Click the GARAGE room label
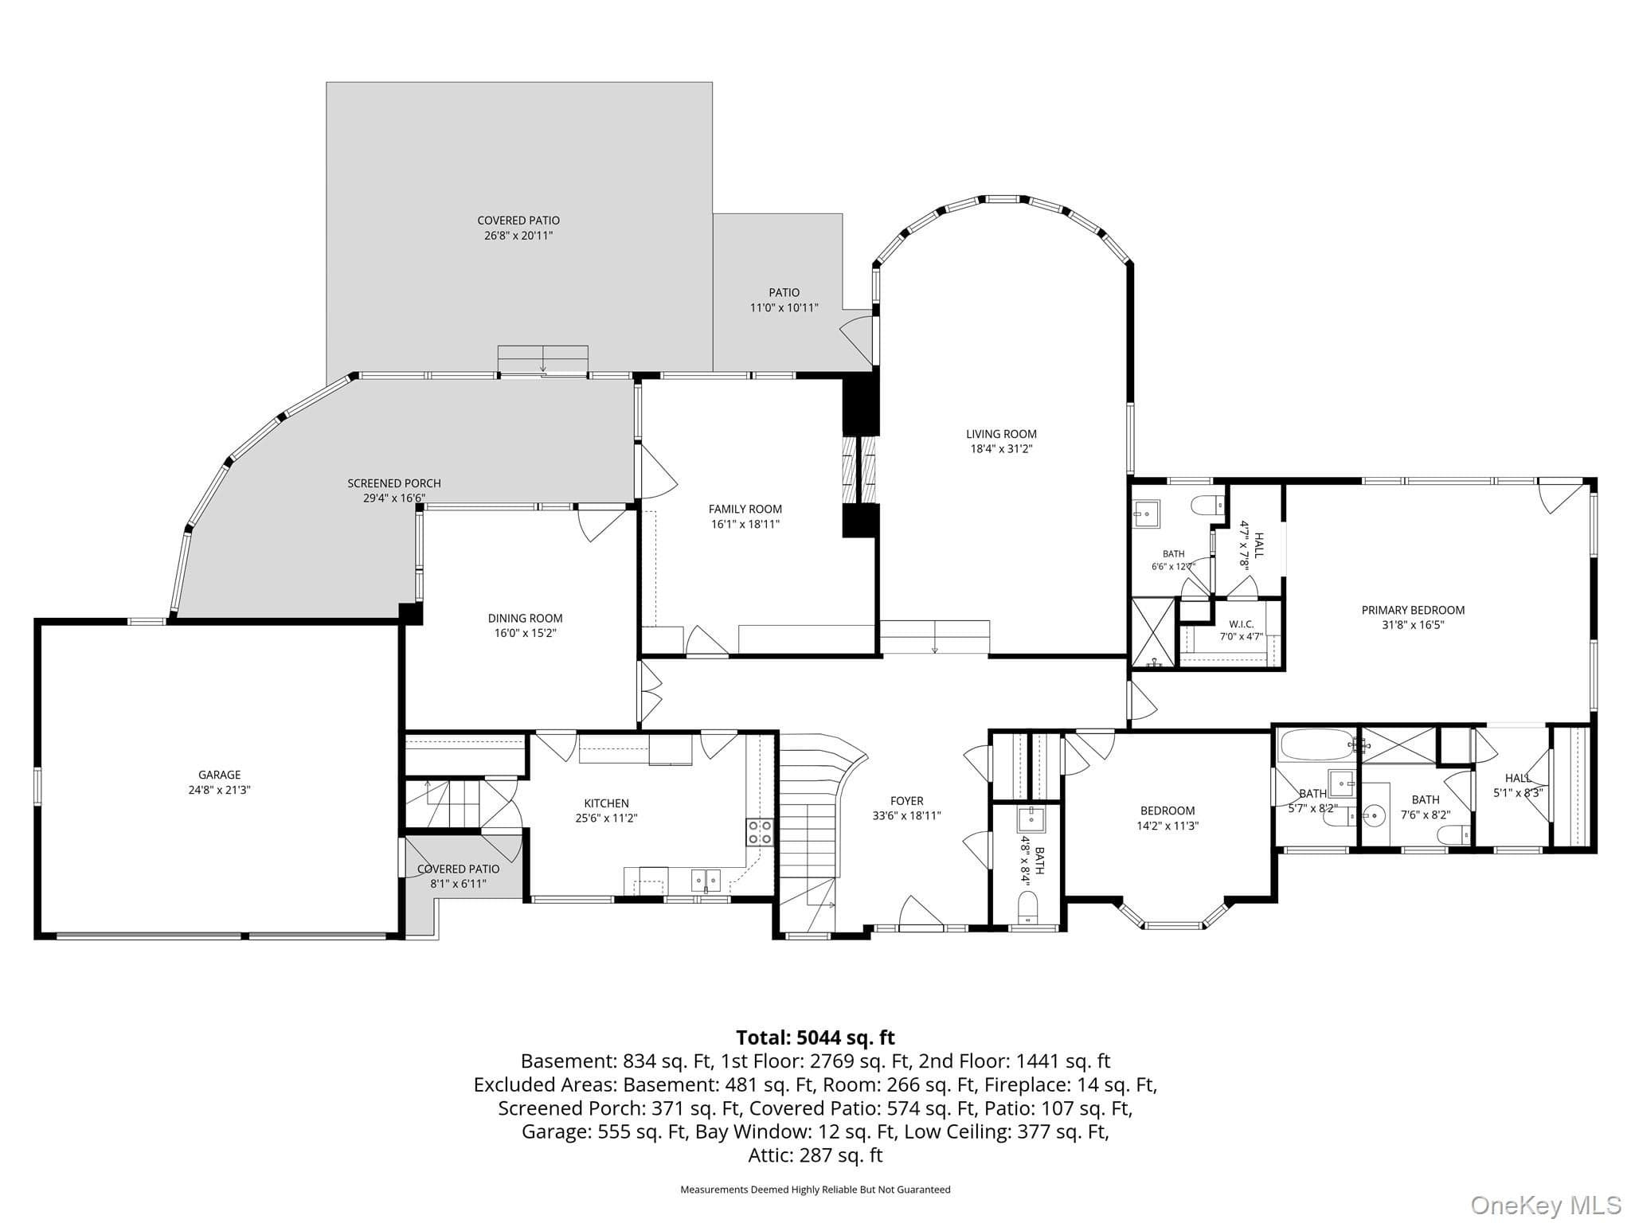[x=219, y=775]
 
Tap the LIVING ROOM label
[x=1001, y=434]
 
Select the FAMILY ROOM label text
[x=745, y=509]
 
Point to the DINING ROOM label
[x=525, y=618]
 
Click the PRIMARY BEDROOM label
[x=1413, y=610]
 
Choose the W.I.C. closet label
[x=1242, y=624]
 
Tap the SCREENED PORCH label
[x=393, y=483]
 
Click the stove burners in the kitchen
[x=760, y=831]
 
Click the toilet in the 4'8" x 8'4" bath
[x=1028, y=907]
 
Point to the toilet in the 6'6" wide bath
[x=1207, y=505]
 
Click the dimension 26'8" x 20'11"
[x=518, y=236]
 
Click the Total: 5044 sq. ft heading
[x=815, y=1037]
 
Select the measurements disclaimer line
[x=815, y=1190]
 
